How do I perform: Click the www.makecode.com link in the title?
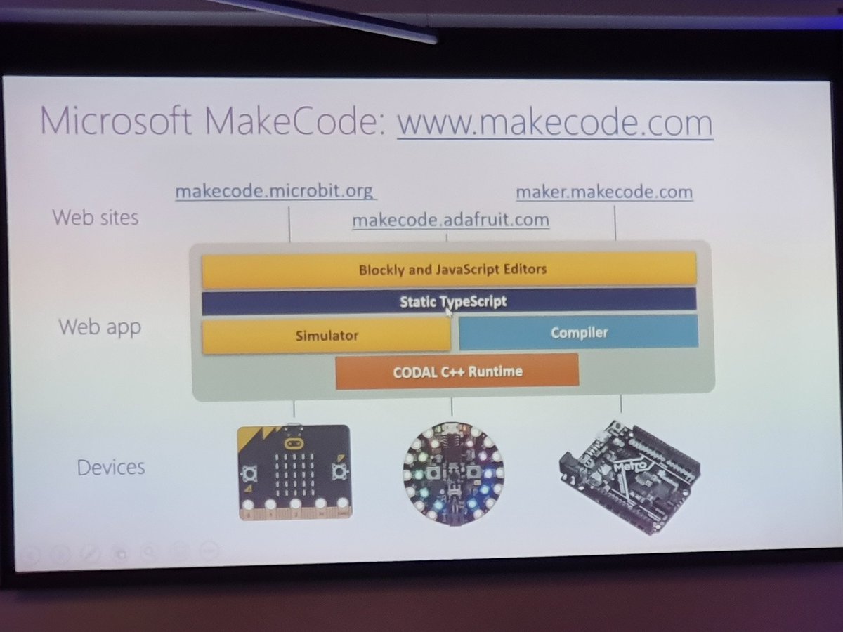click(555, 124)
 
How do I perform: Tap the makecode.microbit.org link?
click(274, 191)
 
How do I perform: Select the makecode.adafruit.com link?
click(450, 220)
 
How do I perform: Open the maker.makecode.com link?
click(604, 192)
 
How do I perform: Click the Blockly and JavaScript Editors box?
click(450, 270)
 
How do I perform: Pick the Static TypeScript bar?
click(450, 301)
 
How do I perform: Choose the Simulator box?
click(327, 336)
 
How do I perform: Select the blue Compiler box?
click(578, 332)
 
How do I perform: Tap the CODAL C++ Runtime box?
click(457, 371)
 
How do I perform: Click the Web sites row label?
click(96, 217)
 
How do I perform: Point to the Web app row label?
click(100, 327)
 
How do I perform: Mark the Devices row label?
click(111, 467)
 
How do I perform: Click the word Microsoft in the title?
click(115, 121)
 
